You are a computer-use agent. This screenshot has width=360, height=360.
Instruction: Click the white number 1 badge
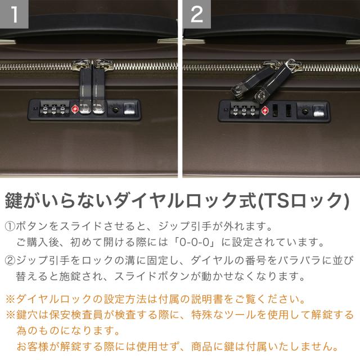click(14, 14)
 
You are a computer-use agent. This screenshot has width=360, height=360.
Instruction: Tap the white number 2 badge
click(197, 14)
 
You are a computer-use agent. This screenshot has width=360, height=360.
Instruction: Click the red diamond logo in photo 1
click(75, 109)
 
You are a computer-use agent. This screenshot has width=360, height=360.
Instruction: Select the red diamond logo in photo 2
click(265, 110)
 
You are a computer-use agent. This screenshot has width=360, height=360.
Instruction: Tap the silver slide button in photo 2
click(319, 111)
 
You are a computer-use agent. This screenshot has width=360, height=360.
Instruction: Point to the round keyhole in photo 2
click(305, 111)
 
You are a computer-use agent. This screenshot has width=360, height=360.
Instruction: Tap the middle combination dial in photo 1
click(54, 110)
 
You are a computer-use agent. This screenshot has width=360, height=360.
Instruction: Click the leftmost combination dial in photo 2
click(235, 111)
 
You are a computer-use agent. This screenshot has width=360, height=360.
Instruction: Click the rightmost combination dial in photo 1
click(62, 110)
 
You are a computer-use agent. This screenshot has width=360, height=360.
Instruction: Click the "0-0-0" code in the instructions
click(195, 242)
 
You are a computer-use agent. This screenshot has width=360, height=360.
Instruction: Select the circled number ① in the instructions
click(10, 226)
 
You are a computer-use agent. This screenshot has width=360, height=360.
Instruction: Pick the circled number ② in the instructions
click(10, 260)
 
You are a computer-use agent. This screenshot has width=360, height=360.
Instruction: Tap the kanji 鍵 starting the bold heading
click(13, 200)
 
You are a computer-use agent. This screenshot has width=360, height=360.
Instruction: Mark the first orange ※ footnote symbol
click(10, 299)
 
